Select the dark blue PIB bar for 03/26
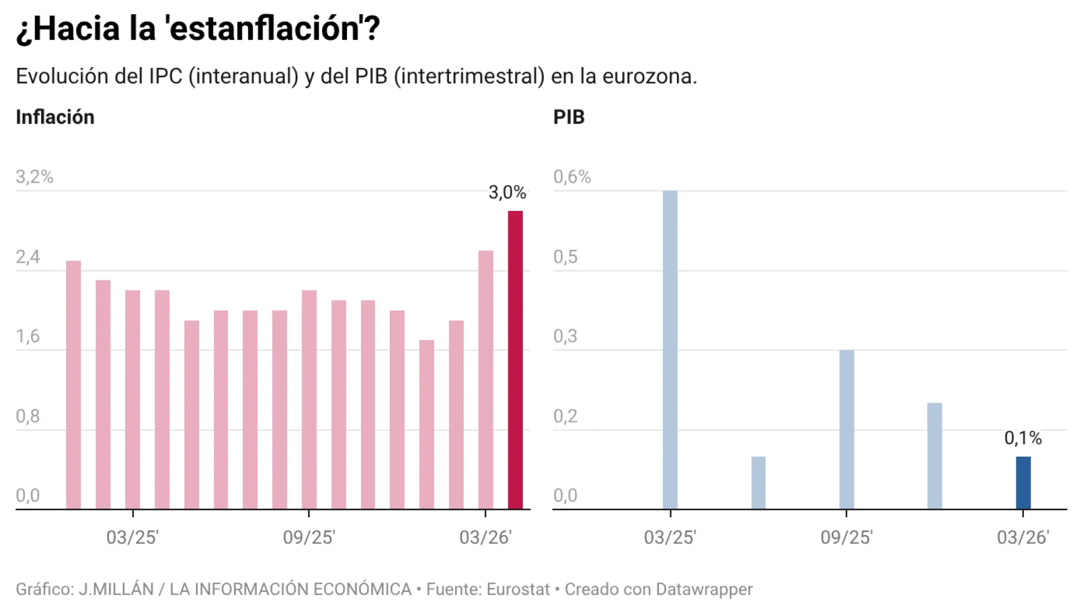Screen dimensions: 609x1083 click(1023, 483)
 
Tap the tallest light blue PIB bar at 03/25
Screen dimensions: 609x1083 click(670, 350)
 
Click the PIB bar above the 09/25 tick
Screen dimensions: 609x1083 click(846, 430)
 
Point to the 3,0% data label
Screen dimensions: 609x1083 click(507, 193)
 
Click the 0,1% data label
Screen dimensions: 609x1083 click(1023, 438)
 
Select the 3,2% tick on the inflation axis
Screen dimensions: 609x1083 click(34, 177)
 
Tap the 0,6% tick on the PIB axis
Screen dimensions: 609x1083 click(571, 177)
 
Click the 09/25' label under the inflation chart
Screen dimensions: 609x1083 click(309, 537)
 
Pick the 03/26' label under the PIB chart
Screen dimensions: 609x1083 click(1023, 537)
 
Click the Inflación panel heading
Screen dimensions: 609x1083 click(55, 117)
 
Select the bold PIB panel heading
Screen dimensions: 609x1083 click(569, 117)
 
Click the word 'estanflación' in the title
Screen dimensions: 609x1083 click(265, 29)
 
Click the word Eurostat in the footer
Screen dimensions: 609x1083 click(518, 589)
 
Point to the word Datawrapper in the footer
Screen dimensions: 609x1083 click(704, 589)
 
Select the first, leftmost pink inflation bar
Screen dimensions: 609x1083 click(73, 385)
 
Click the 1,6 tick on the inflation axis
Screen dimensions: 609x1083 click(28, 337)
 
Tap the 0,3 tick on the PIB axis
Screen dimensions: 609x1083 click(565, 337)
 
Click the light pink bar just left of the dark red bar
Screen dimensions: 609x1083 click(486, 379)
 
